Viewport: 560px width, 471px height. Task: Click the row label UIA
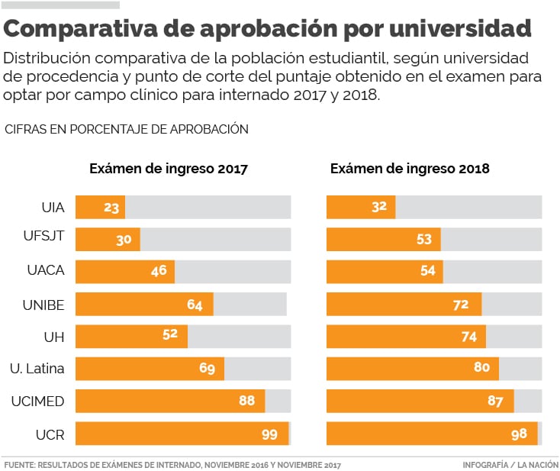click(53, 207)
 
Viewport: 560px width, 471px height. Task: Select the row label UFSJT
click(44, 239)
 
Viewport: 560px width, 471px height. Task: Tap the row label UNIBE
click(44, 305)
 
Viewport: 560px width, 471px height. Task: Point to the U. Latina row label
click(37, 369)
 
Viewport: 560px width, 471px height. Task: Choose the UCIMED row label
click(38, 402)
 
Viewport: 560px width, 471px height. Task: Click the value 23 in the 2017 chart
click(111, 207)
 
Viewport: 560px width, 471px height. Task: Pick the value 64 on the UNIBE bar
click(195, 305)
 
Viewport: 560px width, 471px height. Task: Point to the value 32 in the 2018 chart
click(379, 207)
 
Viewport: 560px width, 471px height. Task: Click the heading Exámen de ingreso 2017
click(169, 169)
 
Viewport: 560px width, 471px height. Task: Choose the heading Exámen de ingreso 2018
click(410, 169)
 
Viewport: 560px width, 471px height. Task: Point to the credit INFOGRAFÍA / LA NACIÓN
click(510, 464)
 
